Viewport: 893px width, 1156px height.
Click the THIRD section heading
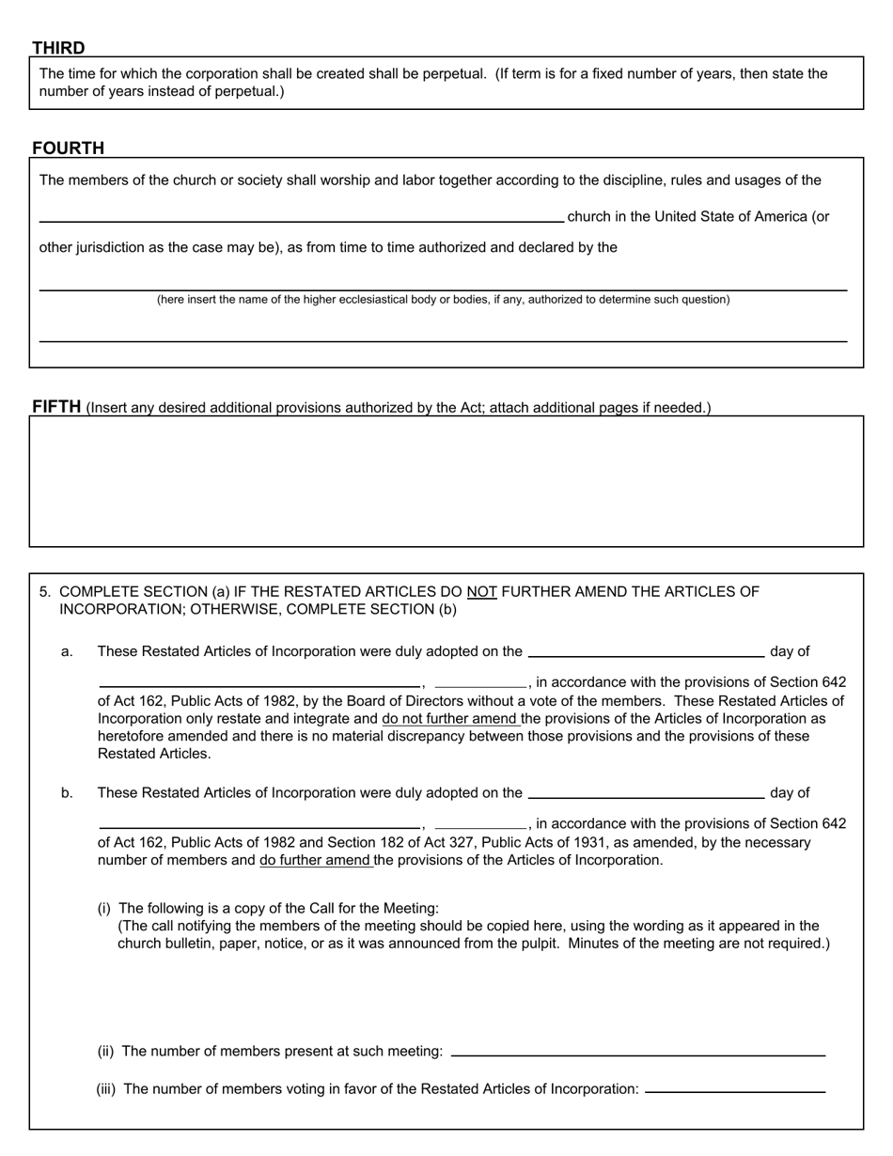click(x=58, y=48)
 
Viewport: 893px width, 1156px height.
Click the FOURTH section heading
click(x=68, y=148)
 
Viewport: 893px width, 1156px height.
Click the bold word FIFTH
click(x=56, y=407)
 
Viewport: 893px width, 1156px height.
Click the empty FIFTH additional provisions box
click(x=446, y=481)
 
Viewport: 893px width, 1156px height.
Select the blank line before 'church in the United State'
click(x=301, y=217)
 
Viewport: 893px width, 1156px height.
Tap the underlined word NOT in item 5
click(x=481, y=592)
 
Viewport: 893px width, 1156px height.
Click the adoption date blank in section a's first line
click(x=646, y=650)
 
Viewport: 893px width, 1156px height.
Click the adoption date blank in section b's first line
click(x=646, y=792)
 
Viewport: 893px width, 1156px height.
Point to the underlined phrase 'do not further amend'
click(x=450, y=719)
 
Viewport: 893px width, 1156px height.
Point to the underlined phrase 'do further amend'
click(x=316, y=860)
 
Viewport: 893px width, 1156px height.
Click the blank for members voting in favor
click(x=735, y=1088)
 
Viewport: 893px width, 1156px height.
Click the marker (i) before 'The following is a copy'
click(x=104, y=908)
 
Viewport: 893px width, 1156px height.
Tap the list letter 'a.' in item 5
click(x=67, y=651)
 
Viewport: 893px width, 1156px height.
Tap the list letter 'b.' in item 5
click(x=67, y=793)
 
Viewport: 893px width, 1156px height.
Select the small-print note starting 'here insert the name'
click(x=443, y=300)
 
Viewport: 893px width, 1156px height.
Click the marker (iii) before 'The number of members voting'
click(x=106, y=1089)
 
